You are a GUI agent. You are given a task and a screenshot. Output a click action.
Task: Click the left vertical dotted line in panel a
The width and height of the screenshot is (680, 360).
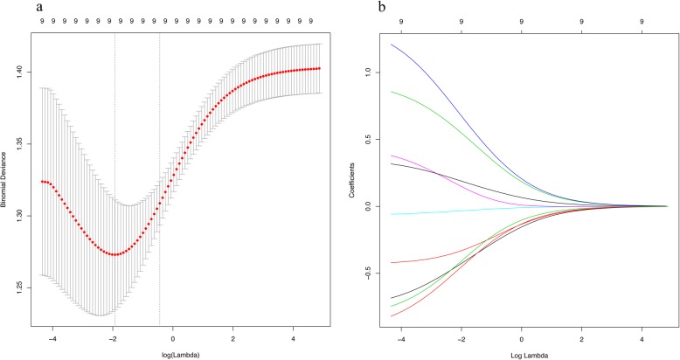[x=114, y=175]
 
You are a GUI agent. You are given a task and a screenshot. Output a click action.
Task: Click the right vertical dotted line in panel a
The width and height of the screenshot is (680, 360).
[x=159, y=175]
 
